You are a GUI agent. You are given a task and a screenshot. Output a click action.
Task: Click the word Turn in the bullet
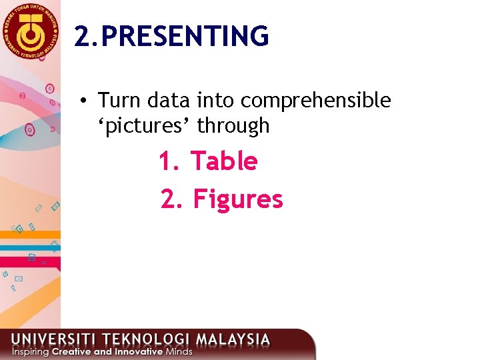[120, 101]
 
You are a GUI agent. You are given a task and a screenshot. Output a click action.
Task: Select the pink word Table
[224, 161]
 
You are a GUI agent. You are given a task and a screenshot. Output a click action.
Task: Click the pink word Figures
[238, 199]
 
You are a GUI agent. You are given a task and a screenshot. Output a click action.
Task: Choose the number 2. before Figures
[171, 199]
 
